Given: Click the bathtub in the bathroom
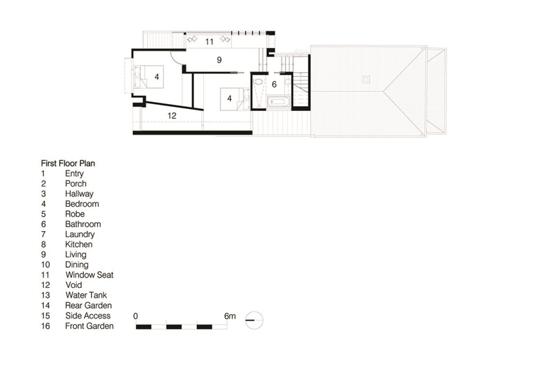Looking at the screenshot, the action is click(277, 102).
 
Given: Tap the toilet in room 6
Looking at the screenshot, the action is click(258, 82).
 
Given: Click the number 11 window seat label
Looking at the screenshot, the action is click(209, 42).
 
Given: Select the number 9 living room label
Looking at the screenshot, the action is click(219, 60).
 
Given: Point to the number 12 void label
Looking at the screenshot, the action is click(172, 116).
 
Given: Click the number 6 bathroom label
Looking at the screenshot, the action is click(274, 84).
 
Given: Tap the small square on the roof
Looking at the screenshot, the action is click(365, 80).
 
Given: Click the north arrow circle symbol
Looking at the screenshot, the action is click(255, 320).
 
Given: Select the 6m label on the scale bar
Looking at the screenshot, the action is click(230, 316).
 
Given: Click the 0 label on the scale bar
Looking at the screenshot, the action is click(135, 316).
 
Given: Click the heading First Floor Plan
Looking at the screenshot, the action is click(68, 163).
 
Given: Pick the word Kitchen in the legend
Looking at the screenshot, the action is click(78, 244).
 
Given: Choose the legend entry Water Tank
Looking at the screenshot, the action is click(86, 296).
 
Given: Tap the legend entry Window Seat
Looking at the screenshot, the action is click(89, 275).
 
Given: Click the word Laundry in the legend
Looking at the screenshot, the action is click(80, 235).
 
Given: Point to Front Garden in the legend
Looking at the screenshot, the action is click(89, 326).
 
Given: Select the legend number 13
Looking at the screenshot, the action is click(45, 296).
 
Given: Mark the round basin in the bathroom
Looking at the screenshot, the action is click(288, 82).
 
